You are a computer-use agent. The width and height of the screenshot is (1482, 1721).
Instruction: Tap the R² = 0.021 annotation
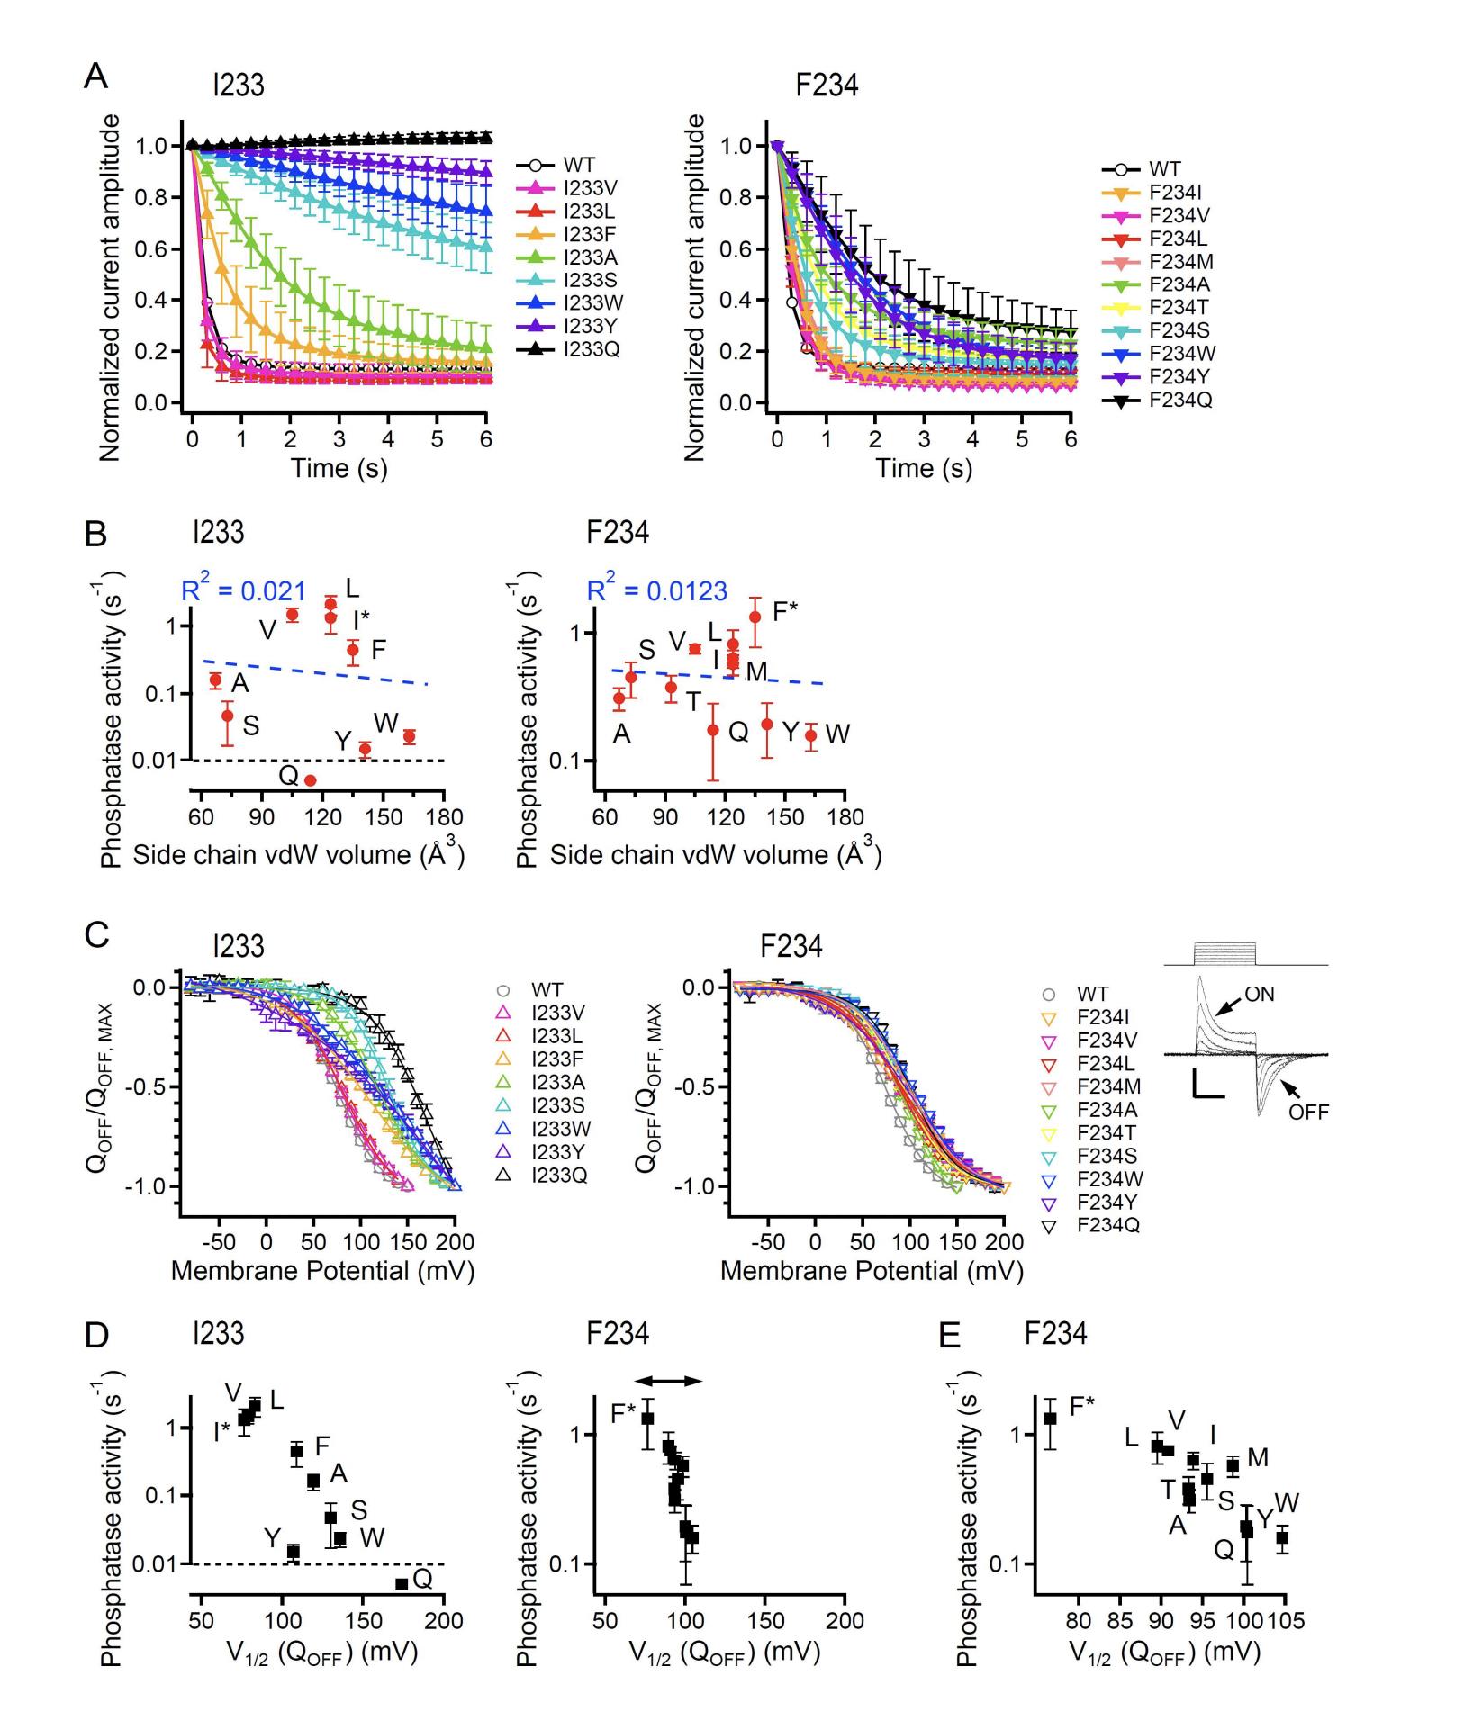tap(244, 591)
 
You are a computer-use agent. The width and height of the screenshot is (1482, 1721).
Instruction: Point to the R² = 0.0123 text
tap(656, 591)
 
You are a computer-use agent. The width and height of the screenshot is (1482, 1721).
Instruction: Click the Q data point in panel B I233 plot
tap(311, 780)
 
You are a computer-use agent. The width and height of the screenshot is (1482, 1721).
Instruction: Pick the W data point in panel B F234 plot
tap(810, 735)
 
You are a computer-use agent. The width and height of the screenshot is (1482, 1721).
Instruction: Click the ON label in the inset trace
tap(1259, 994)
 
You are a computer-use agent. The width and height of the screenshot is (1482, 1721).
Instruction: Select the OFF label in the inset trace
tap(1307, 1112)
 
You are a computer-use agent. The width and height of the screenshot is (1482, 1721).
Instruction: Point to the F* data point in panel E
tap(1050, 1419)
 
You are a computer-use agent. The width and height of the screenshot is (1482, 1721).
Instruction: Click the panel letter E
tap(949, 1335)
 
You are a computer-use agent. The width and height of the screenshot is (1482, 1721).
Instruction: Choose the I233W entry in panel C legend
tap(560, 1128)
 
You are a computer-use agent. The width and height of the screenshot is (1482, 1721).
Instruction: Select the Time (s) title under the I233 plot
tap(339, 468)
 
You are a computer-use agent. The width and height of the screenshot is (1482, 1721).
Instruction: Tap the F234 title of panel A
tap(827, 86)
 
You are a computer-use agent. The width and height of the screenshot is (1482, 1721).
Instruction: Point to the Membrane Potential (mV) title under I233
tap(322, 1270)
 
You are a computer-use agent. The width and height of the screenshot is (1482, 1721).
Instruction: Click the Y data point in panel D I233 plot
tap(293, 1551)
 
